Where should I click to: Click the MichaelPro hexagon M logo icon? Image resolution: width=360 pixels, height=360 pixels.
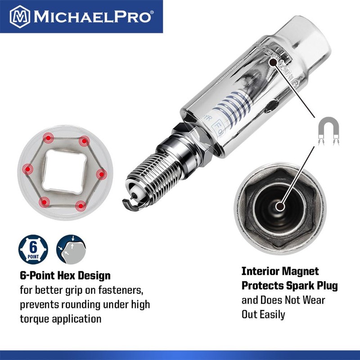point(19,16)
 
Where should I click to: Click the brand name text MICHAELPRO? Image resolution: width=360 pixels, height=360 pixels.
point(93,17)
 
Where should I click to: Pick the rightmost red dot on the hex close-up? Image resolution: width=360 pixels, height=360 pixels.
point(100,173)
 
